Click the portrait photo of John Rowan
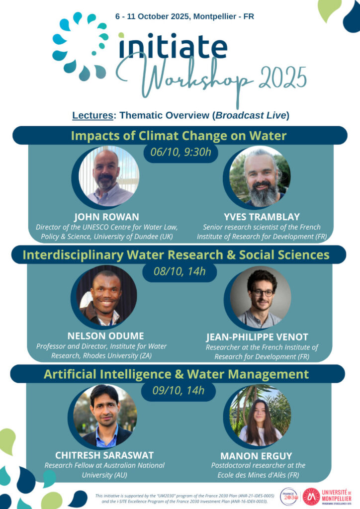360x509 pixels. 109,176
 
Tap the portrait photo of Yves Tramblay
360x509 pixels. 260,176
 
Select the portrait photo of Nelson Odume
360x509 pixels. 106,295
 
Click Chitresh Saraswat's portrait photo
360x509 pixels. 105,416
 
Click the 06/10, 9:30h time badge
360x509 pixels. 181,152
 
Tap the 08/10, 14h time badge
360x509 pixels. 180,271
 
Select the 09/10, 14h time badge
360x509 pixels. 179,391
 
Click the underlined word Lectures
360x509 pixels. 92,115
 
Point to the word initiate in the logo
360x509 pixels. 173,46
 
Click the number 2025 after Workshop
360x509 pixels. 282,78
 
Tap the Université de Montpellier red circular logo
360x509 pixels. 311,497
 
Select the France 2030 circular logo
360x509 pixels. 289,497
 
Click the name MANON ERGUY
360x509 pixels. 256,456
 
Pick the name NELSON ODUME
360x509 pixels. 106,336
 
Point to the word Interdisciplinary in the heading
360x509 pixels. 73,255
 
